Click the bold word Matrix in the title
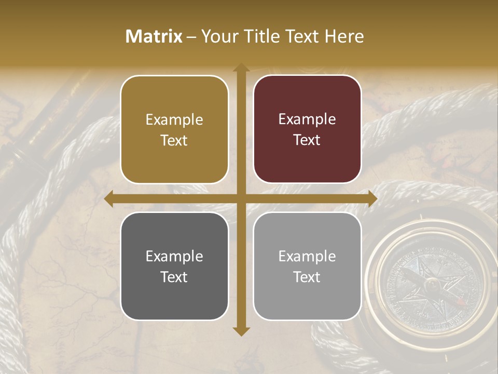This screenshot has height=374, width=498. pos(154,36)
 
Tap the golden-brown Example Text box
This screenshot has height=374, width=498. pos(174,130)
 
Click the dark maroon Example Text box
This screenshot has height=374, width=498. pos(307,129)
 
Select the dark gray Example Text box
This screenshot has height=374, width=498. pos(174,266)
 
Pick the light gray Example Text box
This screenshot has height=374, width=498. pos(307,266)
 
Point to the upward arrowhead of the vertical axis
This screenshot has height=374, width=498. pos(241,68)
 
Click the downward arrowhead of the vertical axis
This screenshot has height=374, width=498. pos(241,331)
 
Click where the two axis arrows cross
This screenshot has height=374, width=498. pos(241,199)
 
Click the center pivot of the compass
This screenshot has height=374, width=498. pos(430,284)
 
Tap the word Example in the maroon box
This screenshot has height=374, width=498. pos(307,119)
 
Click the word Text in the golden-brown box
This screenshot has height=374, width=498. pos(174,140)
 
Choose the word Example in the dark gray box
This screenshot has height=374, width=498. pos(174,256)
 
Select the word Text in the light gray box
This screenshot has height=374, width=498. pos(307,277)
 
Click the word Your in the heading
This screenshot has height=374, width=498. pos(219,36)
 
